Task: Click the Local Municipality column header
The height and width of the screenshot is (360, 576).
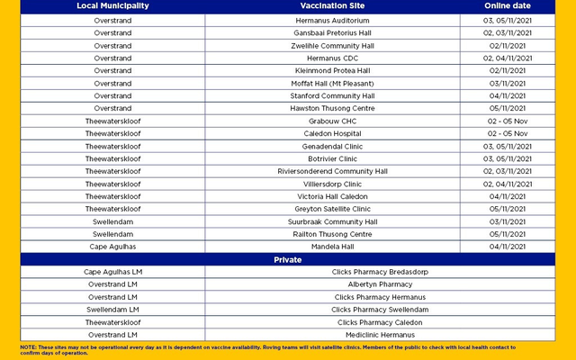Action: pos(112,6)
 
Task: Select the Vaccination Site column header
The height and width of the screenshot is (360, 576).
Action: pos(333,6)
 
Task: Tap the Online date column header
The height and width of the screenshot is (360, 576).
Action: pos(508,6)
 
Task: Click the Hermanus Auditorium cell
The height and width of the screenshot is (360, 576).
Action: pos(333,20)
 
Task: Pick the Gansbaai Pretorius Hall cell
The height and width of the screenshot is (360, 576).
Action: pos(333,32)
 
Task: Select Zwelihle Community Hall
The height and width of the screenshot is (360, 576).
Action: pos(333,45)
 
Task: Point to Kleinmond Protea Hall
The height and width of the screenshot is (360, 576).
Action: pos(333,70)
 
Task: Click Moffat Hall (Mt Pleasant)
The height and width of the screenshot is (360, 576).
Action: pos(333,83)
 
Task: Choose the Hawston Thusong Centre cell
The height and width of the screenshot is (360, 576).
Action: pos(333,108)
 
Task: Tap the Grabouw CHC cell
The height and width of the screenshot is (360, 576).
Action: pos(333,121)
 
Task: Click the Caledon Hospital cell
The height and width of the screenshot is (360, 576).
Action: pos(333,133)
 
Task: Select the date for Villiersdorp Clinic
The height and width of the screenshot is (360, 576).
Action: pos(508,184)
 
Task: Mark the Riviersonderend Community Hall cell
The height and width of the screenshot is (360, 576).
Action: pos(333,171)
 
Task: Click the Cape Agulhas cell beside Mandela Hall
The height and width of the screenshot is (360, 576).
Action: pos(112,247)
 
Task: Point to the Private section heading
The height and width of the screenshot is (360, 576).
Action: pos(288,259)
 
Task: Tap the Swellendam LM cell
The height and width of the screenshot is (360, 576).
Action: pos(112,310)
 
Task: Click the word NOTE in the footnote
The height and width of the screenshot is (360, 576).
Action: pos(29,346)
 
